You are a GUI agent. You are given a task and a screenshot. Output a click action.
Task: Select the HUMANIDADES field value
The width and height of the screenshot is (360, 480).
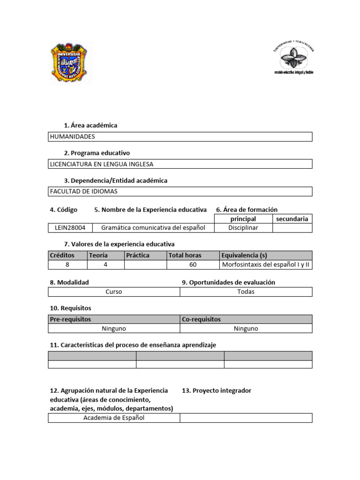[72, 136]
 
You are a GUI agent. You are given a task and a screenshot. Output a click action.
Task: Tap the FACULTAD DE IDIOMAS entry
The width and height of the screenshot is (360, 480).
[83, 191]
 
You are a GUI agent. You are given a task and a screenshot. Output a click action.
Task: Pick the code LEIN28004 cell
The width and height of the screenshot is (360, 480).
[69, 228]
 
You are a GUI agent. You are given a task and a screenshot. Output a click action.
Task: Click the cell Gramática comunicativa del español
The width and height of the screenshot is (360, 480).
[153, 228]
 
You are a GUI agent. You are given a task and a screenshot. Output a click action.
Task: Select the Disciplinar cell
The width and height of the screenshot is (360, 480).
[243, 228]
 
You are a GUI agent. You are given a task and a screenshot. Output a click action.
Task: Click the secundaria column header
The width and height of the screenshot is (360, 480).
[292, 219]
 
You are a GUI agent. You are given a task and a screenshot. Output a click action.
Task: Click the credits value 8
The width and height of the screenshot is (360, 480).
[67, 264]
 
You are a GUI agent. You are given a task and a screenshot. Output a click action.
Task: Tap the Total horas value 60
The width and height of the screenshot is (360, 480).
[193, 264]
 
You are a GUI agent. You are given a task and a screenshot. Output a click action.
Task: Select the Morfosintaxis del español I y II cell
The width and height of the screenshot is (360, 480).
[266, 264]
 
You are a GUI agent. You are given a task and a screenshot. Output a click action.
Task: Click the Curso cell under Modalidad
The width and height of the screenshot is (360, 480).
[114, 292]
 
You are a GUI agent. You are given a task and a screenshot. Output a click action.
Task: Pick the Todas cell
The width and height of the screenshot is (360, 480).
[246, 292]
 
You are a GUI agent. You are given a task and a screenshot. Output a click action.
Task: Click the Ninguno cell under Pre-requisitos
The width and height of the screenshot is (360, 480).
[114, 329]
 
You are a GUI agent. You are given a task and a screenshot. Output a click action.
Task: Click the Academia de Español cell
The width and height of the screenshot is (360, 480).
[114, 418]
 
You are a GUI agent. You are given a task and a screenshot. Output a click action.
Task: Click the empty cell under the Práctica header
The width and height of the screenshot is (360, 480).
[145, 264]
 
